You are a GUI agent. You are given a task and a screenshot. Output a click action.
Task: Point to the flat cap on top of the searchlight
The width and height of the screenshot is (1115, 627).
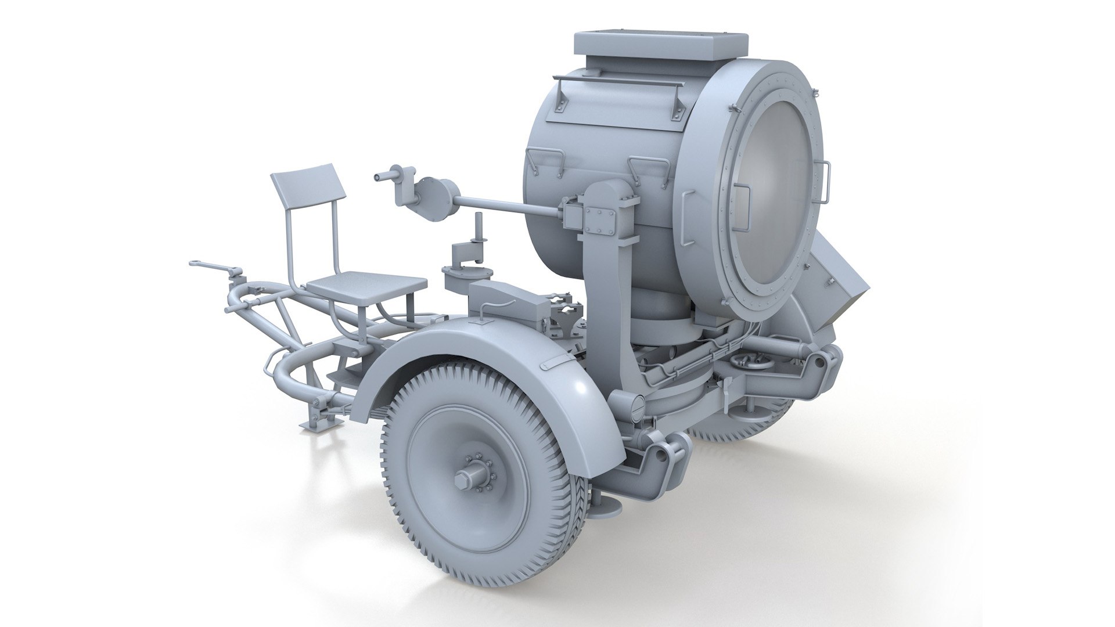click(x=660, y=42)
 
